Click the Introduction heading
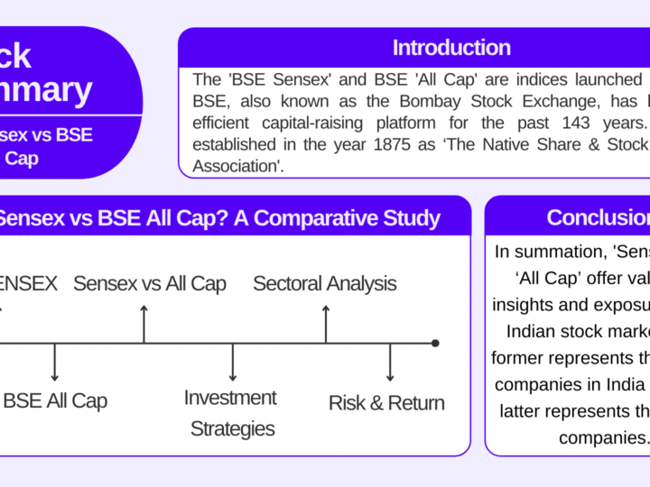coord(451,48)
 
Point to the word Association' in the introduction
coord(238,165)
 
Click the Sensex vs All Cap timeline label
coord(150,284)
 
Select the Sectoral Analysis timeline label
coord(324,284)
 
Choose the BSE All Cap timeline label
coord(55,401)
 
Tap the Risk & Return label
coord(386,403)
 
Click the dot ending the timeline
coord(435,343)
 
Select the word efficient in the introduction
coord(225,123)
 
